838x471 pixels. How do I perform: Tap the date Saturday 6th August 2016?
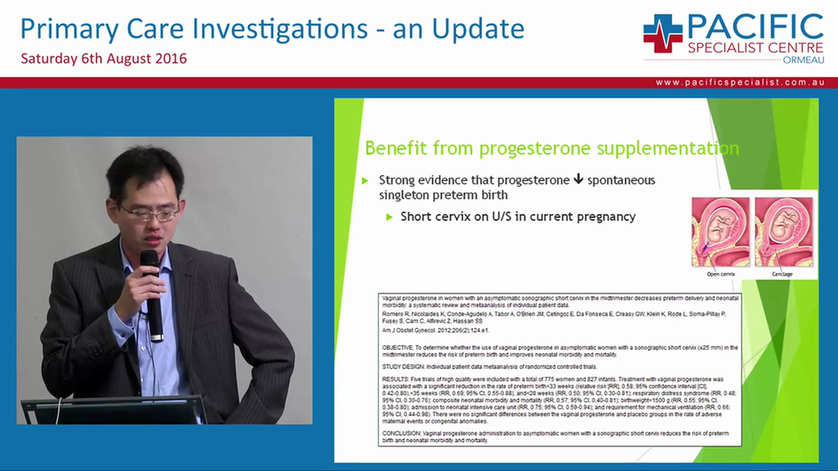pos(103,58)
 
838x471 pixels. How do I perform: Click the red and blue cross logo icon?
pos(663,33)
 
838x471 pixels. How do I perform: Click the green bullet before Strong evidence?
pos(366,181)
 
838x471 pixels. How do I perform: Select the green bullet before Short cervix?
pos(389,217)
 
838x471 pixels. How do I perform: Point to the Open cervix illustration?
pos(721,232)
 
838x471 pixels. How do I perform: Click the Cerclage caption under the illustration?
pos(782,274)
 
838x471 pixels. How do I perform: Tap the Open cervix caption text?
pos(720,274)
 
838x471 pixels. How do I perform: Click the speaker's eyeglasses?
pos(149,213)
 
